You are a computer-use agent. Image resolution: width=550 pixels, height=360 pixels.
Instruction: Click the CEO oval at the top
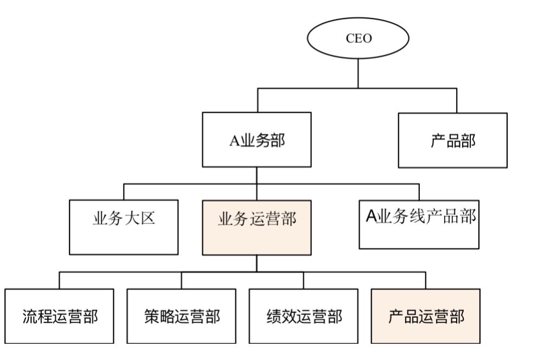pos(358,39)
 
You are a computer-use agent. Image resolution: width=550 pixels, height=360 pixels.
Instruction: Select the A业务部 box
pos(257,139)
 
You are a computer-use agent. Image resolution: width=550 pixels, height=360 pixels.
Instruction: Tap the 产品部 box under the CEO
pos(452,140)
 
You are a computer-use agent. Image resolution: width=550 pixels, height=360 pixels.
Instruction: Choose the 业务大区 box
pos(123,227)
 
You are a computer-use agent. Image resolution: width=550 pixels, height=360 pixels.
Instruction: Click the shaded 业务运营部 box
pos(257,227)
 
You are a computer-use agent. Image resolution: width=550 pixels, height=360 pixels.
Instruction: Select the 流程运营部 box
pos(60,316)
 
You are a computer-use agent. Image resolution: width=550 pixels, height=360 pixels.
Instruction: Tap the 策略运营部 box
pos(181,316)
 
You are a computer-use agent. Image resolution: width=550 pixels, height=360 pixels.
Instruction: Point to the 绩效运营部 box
pos(303,316)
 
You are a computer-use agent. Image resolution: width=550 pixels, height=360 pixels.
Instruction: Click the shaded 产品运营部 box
pos(426,316)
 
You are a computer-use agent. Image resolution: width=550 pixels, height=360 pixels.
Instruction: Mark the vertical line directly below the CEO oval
pos(358,73)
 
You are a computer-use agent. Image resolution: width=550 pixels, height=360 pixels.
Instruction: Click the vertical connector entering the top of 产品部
pos(456,100)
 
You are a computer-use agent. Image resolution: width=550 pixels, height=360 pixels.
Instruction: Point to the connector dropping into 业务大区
pos(124,192)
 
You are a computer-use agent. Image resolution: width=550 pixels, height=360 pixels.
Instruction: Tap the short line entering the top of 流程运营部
pos(59,280)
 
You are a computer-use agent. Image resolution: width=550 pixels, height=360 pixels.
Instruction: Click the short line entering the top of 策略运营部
pos(181,280)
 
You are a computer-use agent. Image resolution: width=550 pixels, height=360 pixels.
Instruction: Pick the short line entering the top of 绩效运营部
pos(303,280)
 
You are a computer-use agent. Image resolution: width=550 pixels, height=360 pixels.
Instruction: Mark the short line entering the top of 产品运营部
pos(426,280)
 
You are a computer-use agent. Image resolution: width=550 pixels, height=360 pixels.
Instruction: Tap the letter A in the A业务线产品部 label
pos(371,217)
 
